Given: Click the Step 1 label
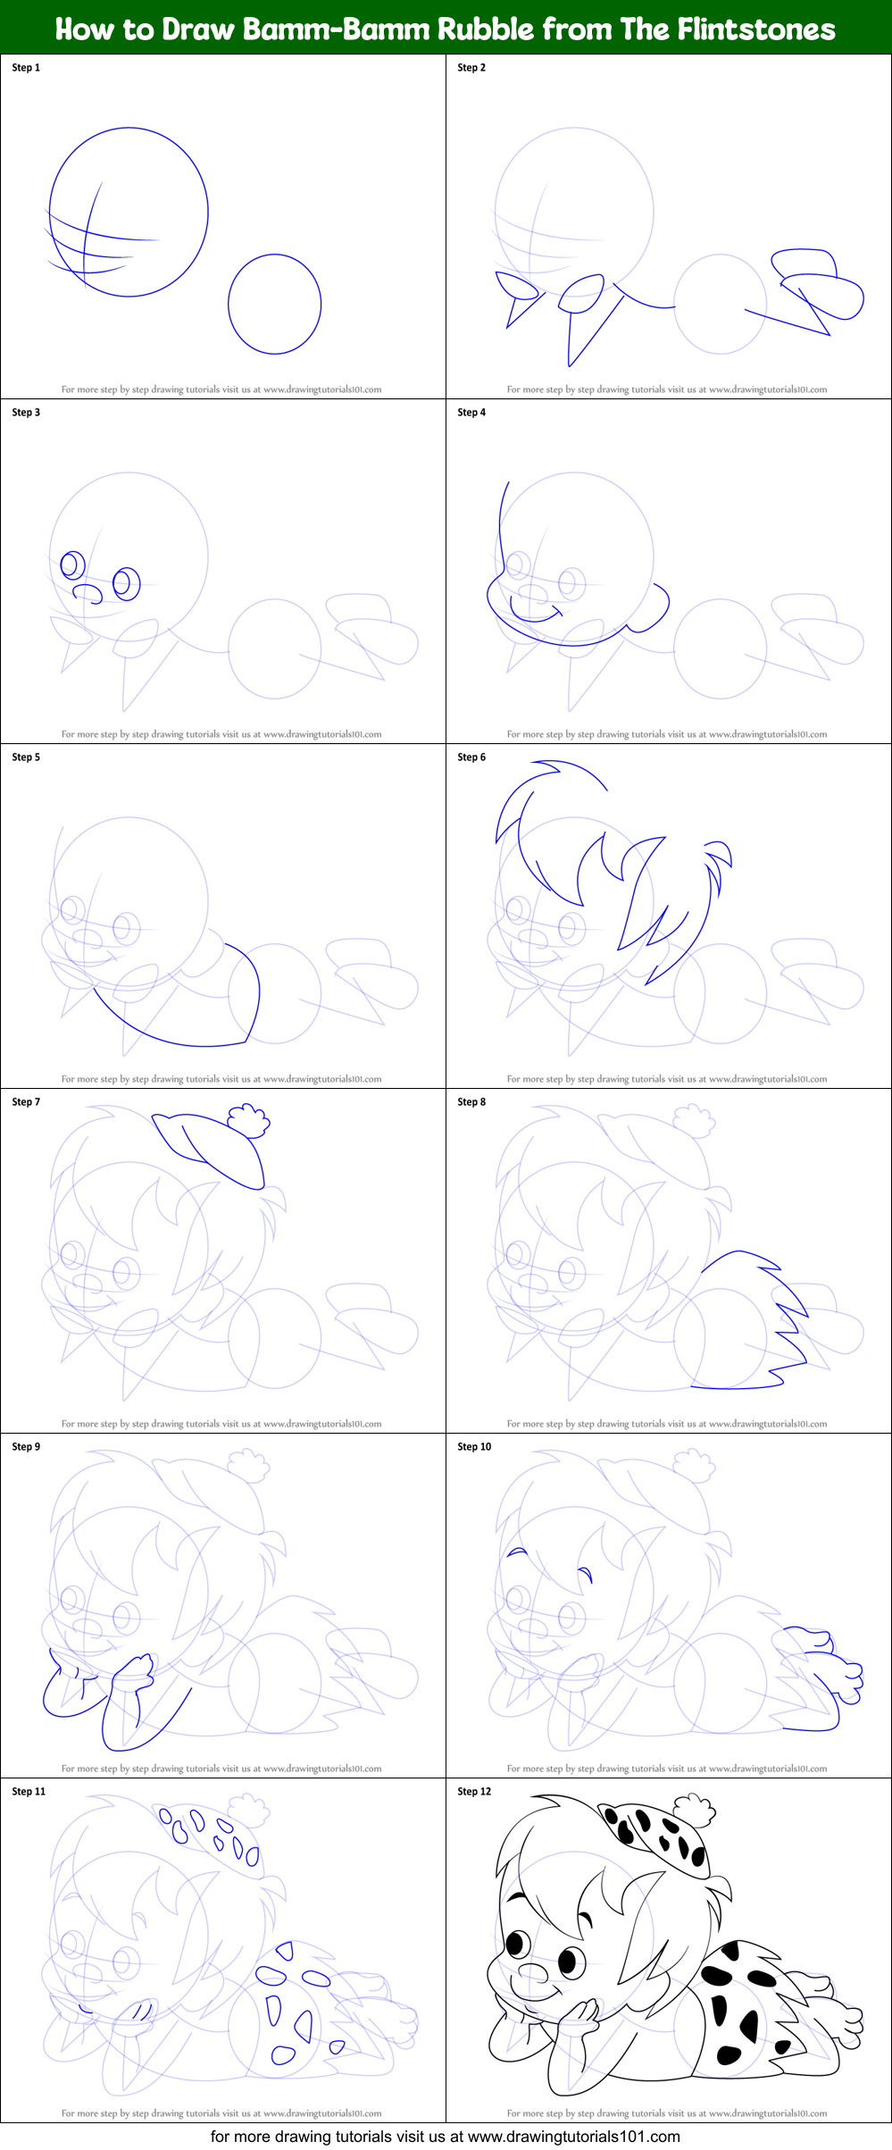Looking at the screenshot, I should [26, 68].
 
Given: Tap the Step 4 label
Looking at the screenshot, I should [471, 413].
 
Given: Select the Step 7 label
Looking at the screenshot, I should [26, 1102].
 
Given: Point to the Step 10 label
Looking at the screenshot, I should [474, 1447].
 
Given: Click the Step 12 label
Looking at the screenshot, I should [474, 1792].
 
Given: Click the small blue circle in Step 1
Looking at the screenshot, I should [274, 305].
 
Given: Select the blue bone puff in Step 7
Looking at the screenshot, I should [249, 1120].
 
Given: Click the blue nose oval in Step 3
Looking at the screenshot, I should [87, 592].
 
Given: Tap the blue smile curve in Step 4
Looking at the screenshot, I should [534, 614].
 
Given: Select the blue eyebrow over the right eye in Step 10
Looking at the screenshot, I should [585, 1571].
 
